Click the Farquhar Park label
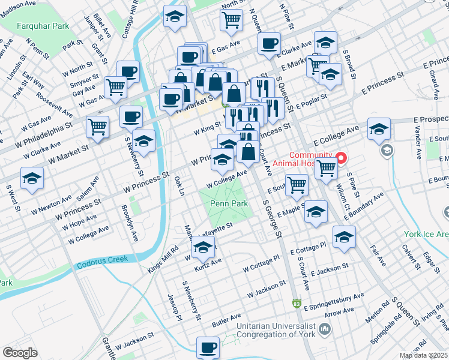pyautogui.click(x=43, y=26)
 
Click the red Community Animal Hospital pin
pyautogui.click(x=342, y=159)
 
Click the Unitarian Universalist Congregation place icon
pyautogui.click(x=325, y=328)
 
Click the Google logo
pyautogui.click(x=20, y=353)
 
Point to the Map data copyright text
pyautogui.click(x=424, y=356)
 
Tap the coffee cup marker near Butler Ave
pyautogui.click(x=208, y=347)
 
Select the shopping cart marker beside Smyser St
pyautogui.click(x=115, y=86)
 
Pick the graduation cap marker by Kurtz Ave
pyautogui.click(x=203, y=247)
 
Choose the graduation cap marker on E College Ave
pyautogui.click(x=379, y=129)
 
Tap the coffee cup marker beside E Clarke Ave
pyautogui.click(x=270, y=43)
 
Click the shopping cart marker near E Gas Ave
pyautogui.click(x=231, y=20)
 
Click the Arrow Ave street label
pyautogui.click(x=339, y=313)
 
